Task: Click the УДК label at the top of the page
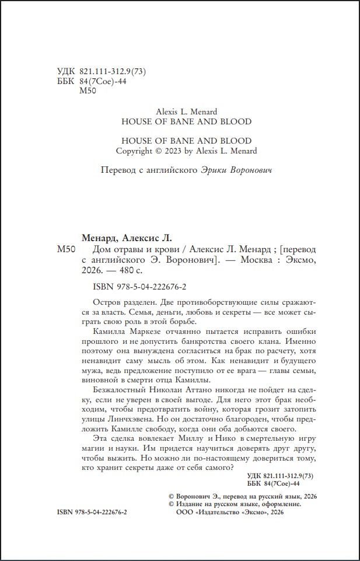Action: click(x=66, y=71)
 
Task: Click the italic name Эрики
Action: click(x=214, y=170)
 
